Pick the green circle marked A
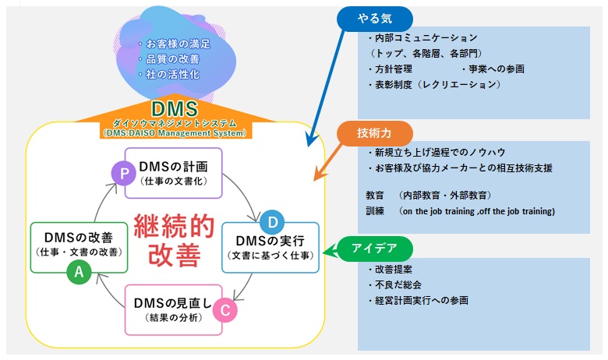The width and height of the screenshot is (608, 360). click(78, 271)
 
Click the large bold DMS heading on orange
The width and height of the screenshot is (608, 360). click(175, 108)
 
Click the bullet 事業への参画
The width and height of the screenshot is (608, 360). click(496, 69)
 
